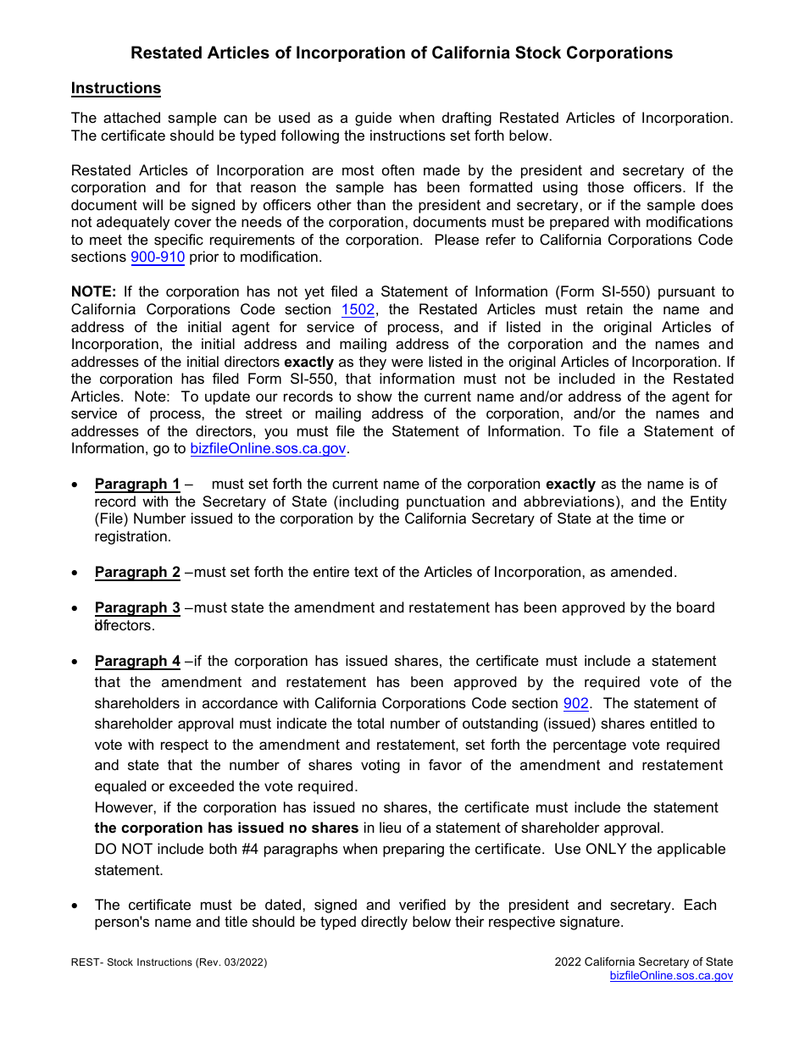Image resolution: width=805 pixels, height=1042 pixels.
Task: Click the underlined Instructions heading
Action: coord(115,88)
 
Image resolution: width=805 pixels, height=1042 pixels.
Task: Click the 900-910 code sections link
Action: coord(157,258)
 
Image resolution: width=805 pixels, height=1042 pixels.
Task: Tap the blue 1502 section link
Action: coord(358,310)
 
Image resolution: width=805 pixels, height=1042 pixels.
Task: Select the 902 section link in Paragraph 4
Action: coord(575,703)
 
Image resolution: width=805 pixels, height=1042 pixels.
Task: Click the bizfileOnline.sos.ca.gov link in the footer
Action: coord(671,976)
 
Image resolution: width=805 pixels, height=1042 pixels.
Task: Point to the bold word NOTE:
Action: coord(93,292)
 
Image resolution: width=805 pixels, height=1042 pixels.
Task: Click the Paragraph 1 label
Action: coord(137,485)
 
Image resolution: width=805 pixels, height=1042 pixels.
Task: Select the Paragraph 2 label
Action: coord(137,573)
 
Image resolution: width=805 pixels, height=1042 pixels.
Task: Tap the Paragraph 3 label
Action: coord(137,608)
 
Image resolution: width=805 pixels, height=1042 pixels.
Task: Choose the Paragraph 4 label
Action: coord(137,662)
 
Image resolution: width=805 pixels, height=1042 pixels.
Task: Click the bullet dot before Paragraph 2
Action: coord(76,574)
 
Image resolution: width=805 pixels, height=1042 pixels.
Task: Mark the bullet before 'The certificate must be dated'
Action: coord(76,906)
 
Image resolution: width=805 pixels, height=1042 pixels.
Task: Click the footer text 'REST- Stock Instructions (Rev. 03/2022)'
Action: coord(169,962)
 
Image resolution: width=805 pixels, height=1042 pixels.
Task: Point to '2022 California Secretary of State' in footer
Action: coord(643,962)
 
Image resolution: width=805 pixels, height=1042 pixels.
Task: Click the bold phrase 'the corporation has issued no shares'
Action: coord(226,829)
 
